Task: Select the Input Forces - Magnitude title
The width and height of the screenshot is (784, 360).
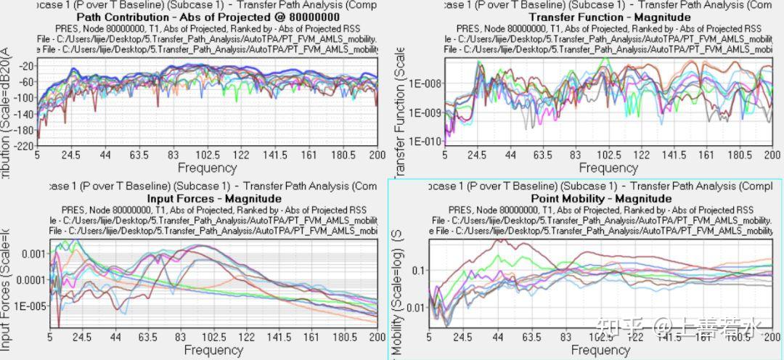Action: pyautogui.click(x=214, y=198)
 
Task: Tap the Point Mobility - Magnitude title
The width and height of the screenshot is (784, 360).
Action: pyautogui.click(x=601, y=198)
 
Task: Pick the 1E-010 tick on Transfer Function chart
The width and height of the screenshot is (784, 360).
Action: pyautogui.click(x=420, y=141)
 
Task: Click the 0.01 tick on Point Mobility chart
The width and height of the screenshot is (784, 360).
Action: pyautogui.click(x=416, y=308)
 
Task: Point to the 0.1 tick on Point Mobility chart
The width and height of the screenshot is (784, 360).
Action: pyautogui.click(x=419, y=271)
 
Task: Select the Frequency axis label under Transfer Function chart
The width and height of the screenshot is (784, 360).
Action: pyautogui.click(x=598, y=168)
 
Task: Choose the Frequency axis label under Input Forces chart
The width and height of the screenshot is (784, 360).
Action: pyautogui.click(x=213, y=350)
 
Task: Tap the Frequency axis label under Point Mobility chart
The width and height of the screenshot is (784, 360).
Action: pyautogui.click(x=600, y=350)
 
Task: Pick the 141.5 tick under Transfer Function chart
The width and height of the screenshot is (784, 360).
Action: pyautogui.click(x=674, y=155)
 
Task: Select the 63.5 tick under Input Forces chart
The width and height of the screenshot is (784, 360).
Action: pyautogui.click(x=147, y=337)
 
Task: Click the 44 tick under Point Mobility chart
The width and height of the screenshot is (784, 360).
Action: pyautogui.click(x=499, y=337)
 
